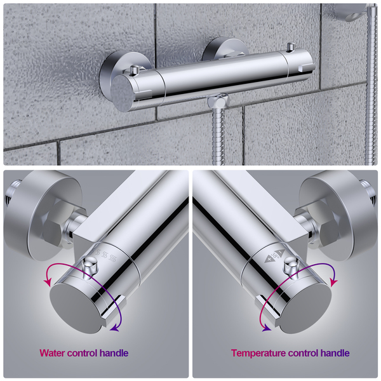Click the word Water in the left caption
click(x=52, y=353)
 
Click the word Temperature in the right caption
click(x=258, y=353)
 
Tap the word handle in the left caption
click(x=114, y=353)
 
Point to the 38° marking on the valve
click(x=275, y=256)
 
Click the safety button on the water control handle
click(x=90, y=265)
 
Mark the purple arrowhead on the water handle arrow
click(x=114, y=328)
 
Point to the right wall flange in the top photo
click(x=224, y=49)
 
